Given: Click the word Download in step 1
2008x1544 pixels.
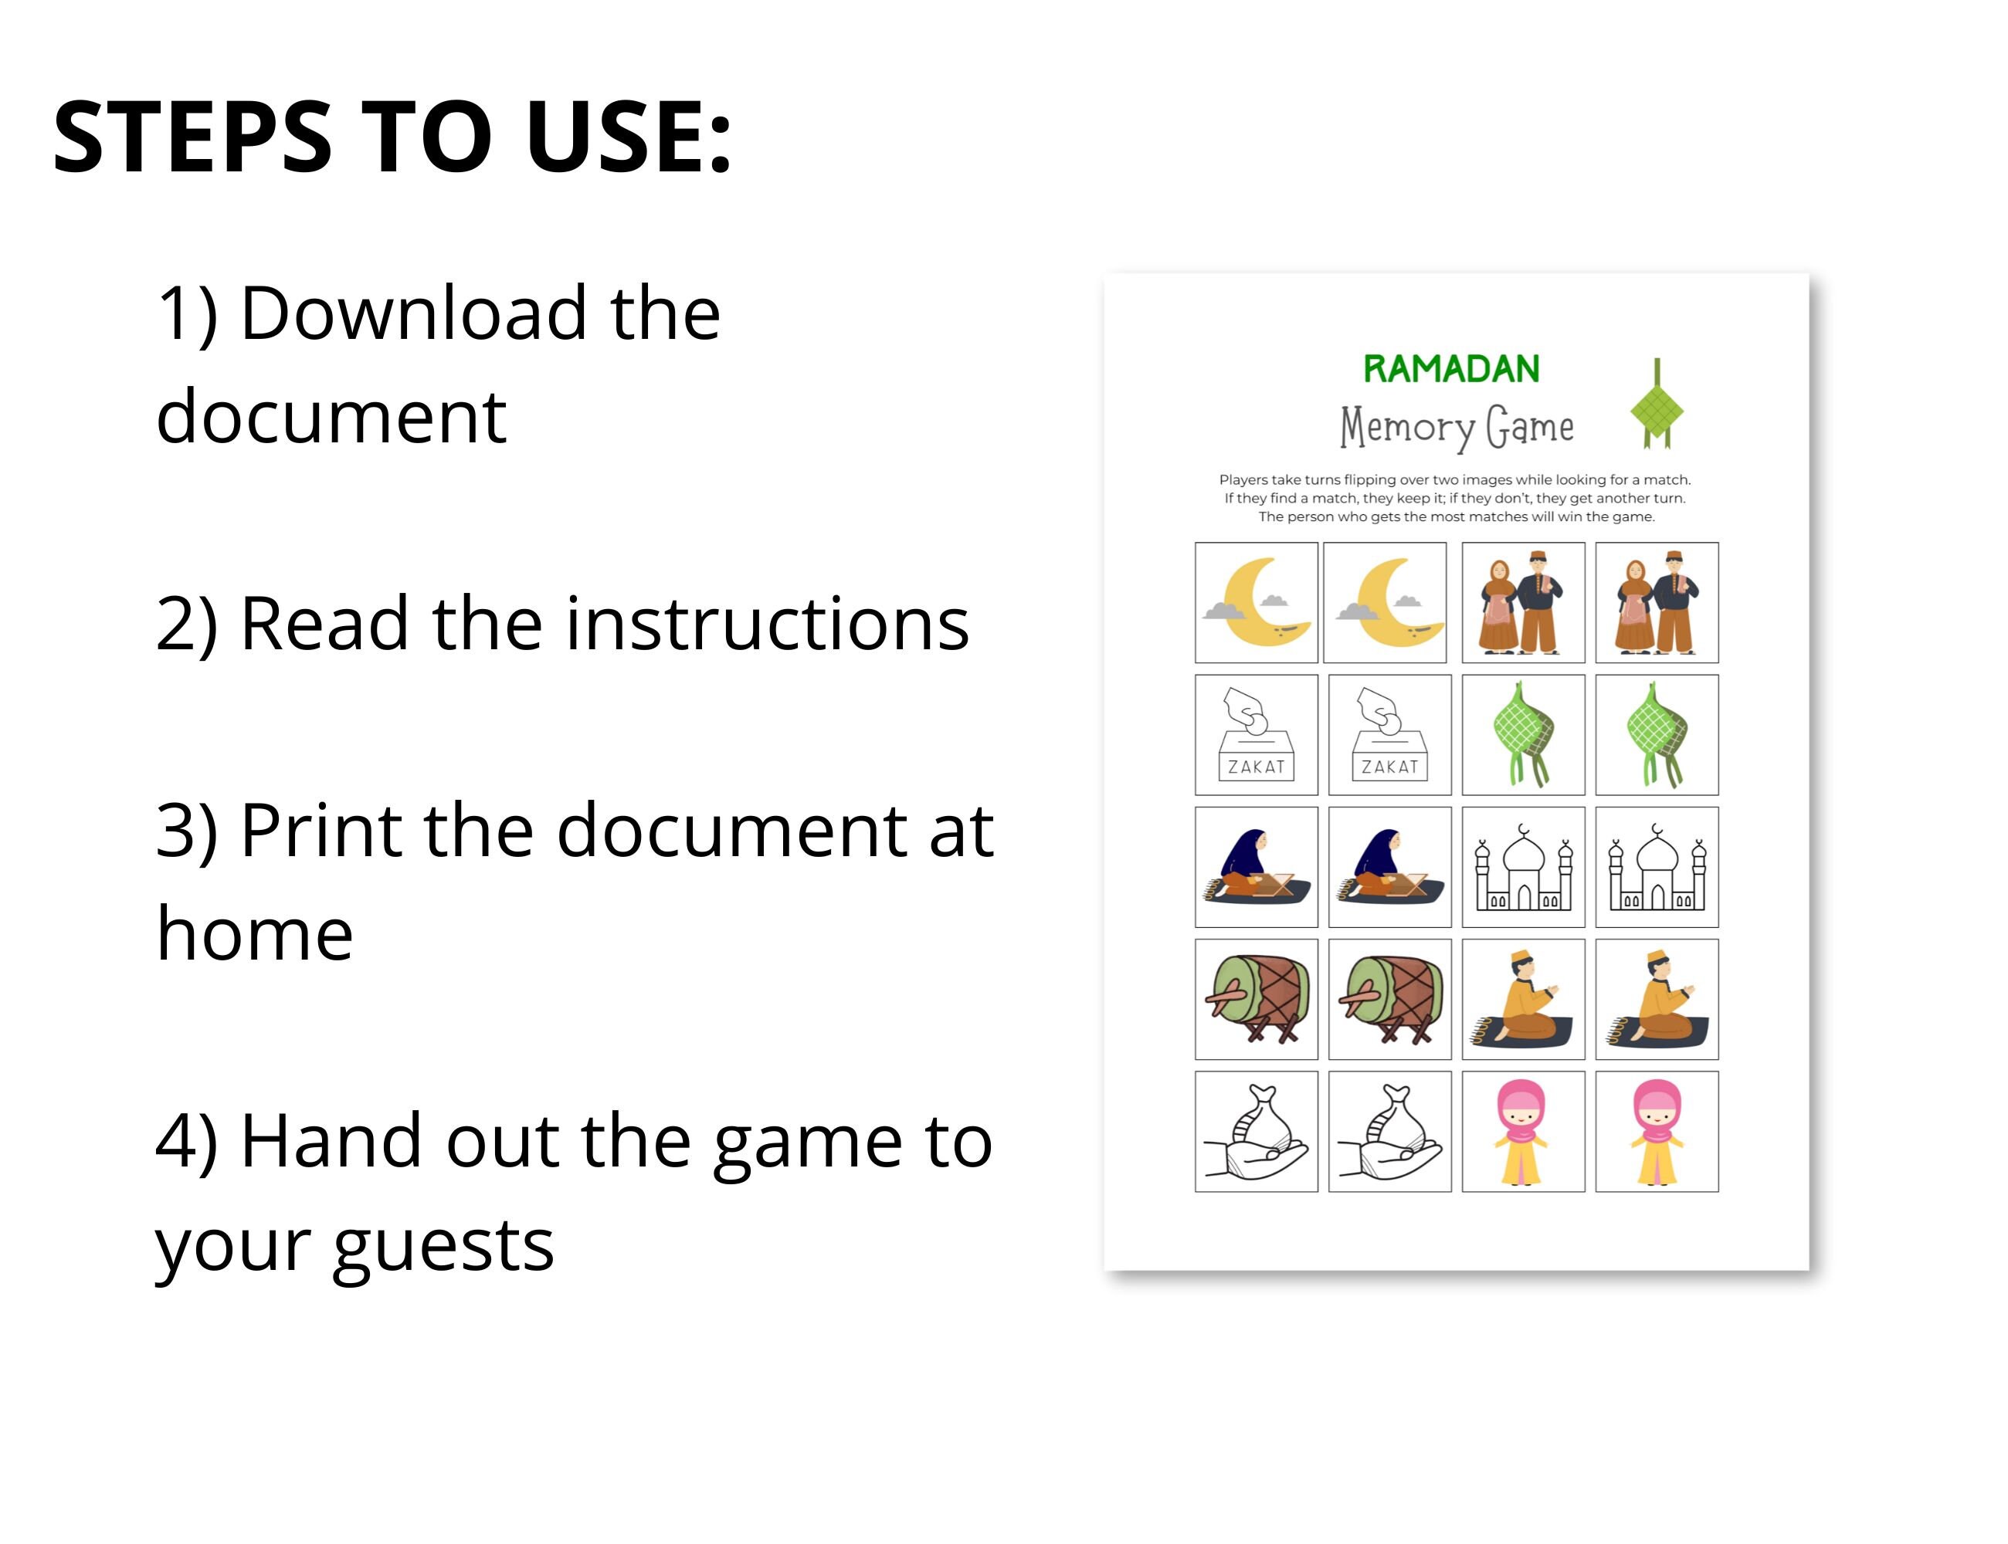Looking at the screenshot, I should pos(413,313).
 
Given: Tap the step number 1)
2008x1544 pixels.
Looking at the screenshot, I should pos(188,313).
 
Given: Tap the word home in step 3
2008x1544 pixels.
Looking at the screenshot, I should pos(255,935).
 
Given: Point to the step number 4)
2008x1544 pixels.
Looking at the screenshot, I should pos(188,1142).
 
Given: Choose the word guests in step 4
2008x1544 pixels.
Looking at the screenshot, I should pos(443,1247).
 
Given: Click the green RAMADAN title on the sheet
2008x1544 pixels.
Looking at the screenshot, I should pos(1451,370).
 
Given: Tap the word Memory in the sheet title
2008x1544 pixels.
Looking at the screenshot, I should pos(1406,428).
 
